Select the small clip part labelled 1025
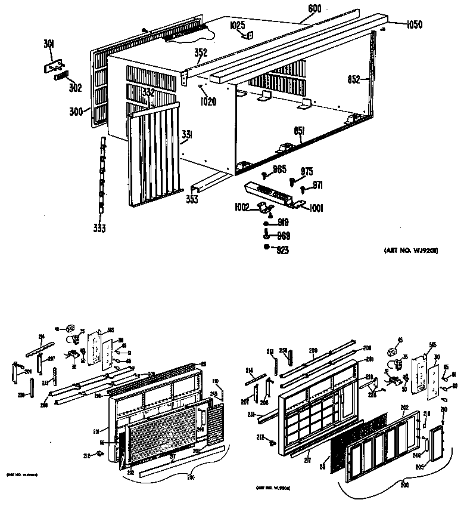coord(249,36)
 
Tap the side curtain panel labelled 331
coord(152,155)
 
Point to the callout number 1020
coord(208,101)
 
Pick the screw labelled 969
coord(266,235)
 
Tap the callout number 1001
coord(316,208)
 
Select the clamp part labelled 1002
coord(261,209)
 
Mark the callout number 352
coord(201,53)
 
